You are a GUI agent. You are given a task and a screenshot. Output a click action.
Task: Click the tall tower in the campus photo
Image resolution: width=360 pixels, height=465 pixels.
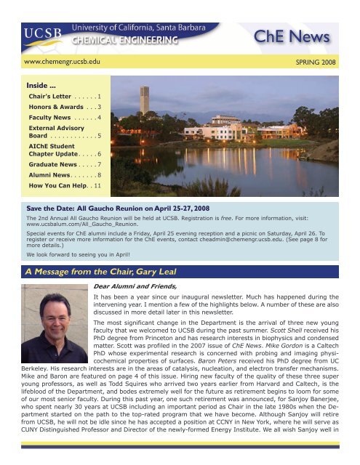point(145,94)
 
